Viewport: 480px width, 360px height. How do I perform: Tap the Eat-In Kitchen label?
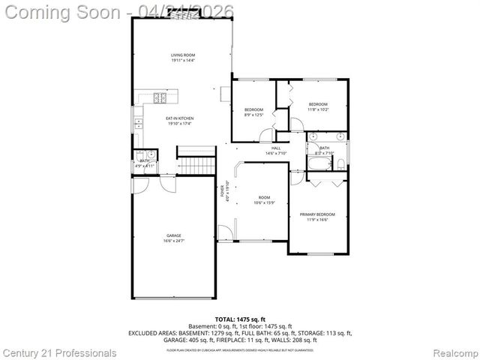tap(180, 120)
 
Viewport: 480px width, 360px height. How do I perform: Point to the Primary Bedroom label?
tap(317, 217)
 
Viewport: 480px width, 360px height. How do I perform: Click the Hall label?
tap(276, 150)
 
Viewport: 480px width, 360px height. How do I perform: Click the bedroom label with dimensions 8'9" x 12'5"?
tap(254, 112)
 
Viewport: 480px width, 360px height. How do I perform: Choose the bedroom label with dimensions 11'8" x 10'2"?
tap(318, 106)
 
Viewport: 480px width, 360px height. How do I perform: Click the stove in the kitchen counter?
tap(160, 97)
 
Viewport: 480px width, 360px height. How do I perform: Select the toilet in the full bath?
tap(340, 163)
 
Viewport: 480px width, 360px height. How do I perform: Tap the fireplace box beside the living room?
tap(226, 92)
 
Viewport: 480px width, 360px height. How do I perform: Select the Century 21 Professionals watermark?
tap(59, 352)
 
